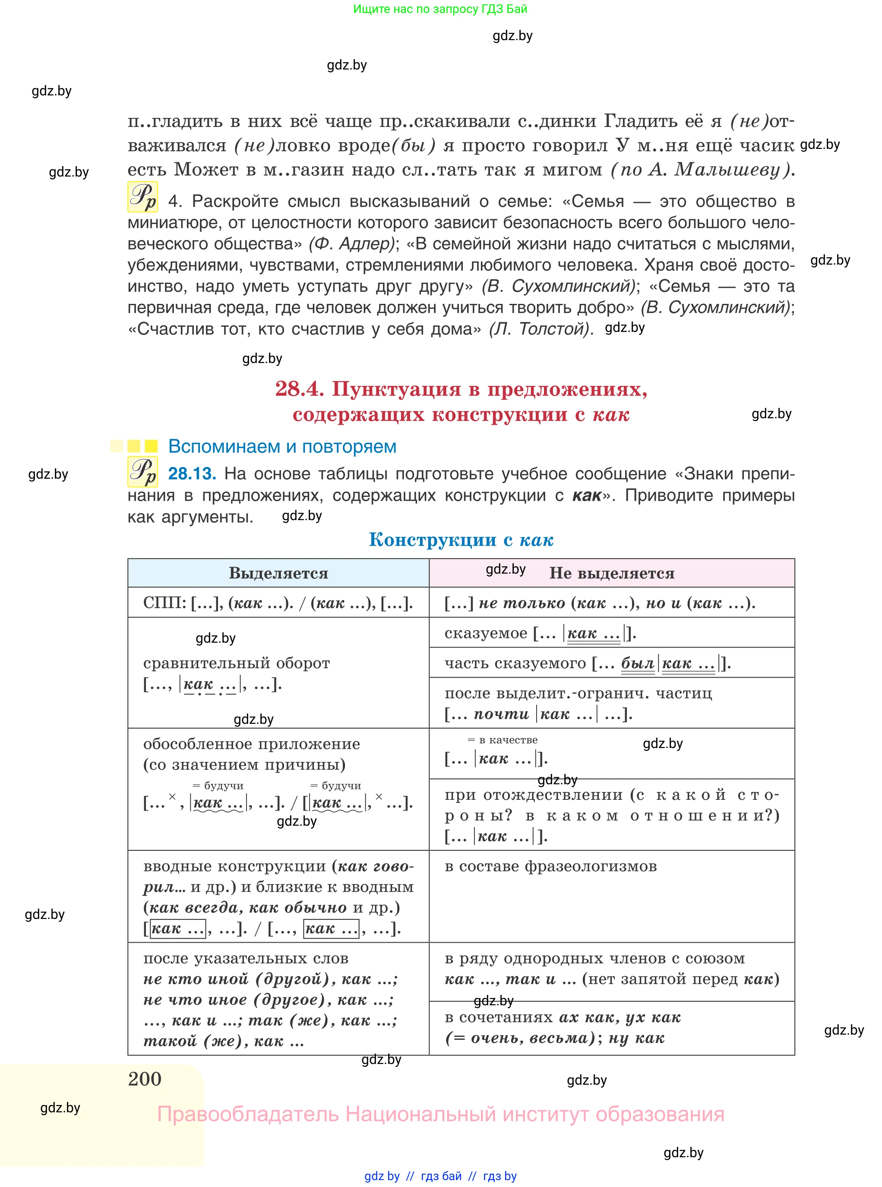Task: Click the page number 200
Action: pos(145,1079)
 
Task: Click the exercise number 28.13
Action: pos(192,474)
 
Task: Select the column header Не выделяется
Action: pos(611,573)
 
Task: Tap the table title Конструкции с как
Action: pos(461,539)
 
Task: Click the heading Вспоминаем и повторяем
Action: pos(282,446)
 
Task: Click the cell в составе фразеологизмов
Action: pos(550,866)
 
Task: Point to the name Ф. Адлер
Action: pos(351,244)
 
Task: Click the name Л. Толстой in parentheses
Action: pos(541,329)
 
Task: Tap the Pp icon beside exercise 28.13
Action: pos(142,472)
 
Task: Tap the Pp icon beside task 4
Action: pos(142,197)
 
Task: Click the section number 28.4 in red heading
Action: pos(299,388)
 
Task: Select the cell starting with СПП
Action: pos(278,603)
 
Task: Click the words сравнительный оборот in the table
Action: pos(237,663)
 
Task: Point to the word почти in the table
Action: pos(501,713)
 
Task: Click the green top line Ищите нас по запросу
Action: pos(440,9)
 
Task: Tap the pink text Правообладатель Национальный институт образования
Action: pos(440,1114)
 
